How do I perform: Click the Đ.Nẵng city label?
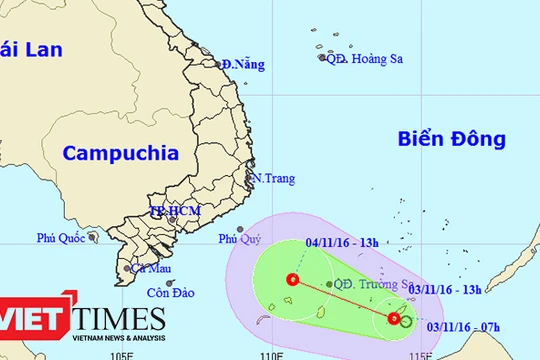pyautogui.click(x=243, y=65)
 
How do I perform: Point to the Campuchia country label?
pyautogui.click(x=120, y=153)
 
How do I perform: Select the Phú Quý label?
pyautogui.click(x=240, y=239)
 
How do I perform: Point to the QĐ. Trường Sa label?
pyautogui.click(x=372, y=283)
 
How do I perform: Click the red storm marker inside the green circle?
pyautogui.click(x=292, y=280)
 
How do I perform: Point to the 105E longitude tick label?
pyautogui.click(x=121, y=354)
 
